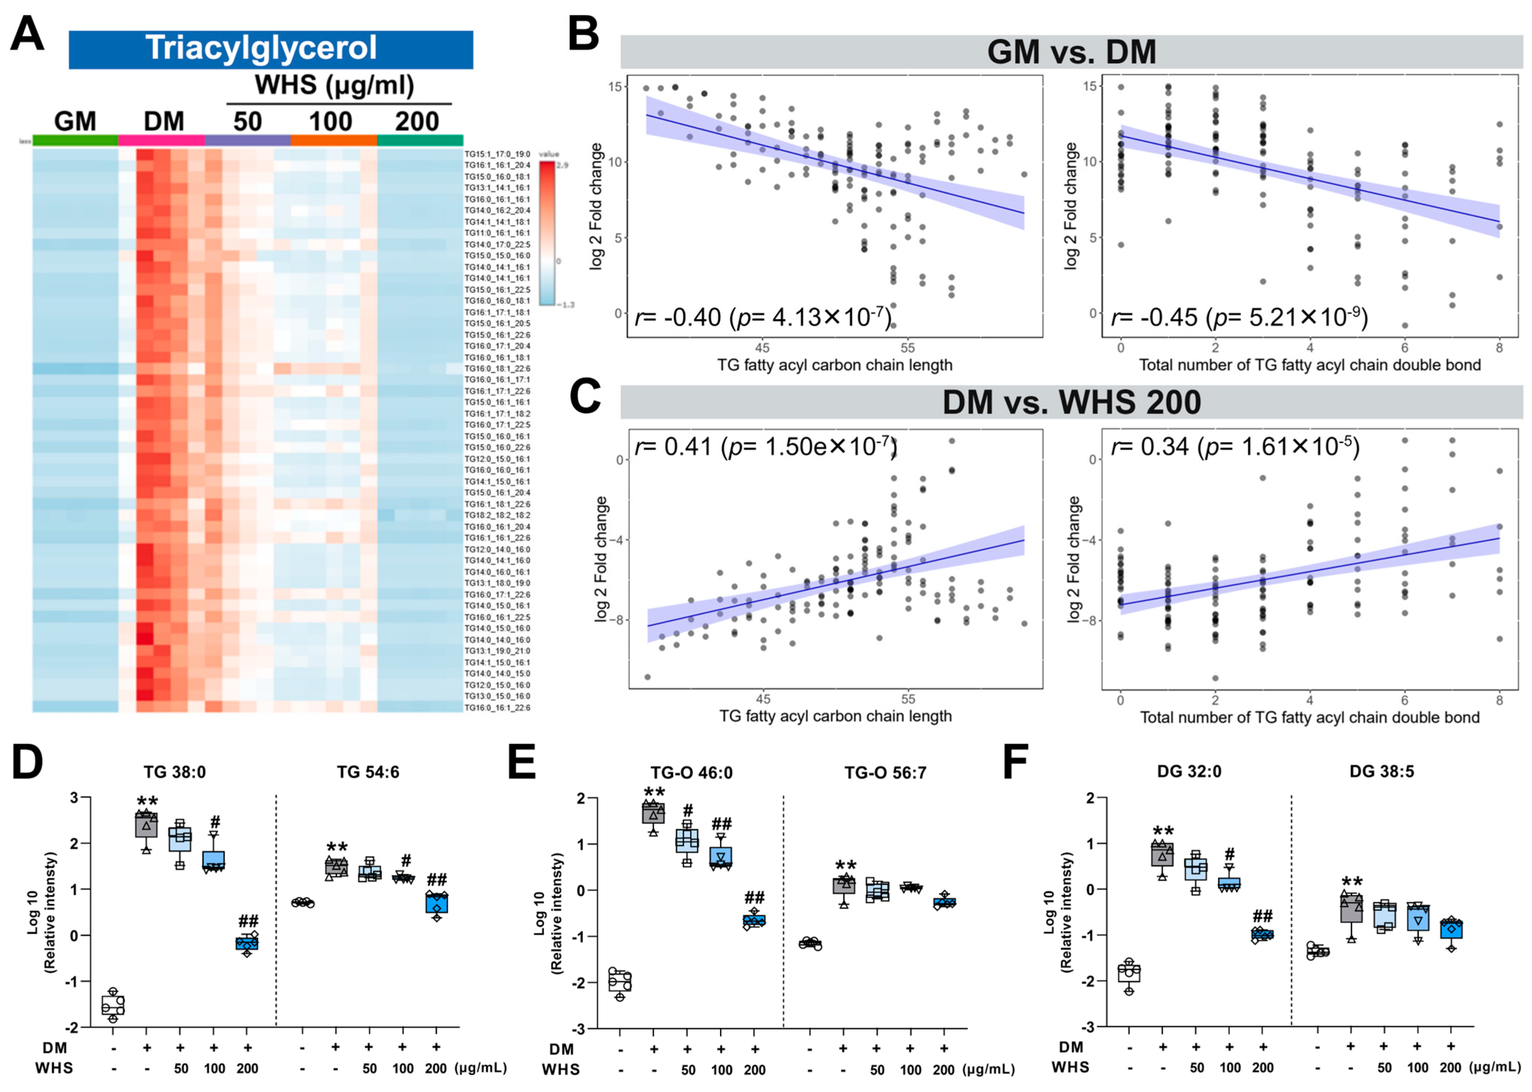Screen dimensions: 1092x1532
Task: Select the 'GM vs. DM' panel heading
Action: pos(1071,52)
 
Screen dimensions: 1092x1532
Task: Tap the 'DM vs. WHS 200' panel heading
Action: pos(1071,402)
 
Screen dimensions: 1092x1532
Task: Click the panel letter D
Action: pos(27,762)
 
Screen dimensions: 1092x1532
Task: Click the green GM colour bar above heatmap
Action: pos(75,140)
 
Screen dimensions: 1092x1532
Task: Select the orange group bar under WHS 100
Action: pos(334,140)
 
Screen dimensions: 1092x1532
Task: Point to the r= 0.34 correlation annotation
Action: pos(1235,446)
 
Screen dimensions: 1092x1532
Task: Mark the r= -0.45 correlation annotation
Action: pos(1239,317)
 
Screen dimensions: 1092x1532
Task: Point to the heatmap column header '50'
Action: pos(247,122)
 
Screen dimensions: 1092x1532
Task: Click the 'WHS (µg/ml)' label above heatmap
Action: pos(334,85)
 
